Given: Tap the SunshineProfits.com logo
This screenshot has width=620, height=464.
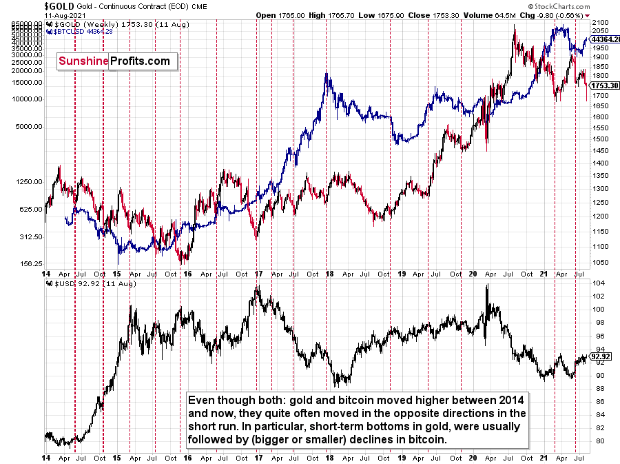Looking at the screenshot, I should tap(113, 61).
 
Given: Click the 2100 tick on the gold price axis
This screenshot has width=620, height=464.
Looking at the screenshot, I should tap(600, 22).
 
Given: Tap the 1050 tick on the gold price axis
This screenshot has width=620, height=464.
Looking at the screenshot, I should tap(600, 262).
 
